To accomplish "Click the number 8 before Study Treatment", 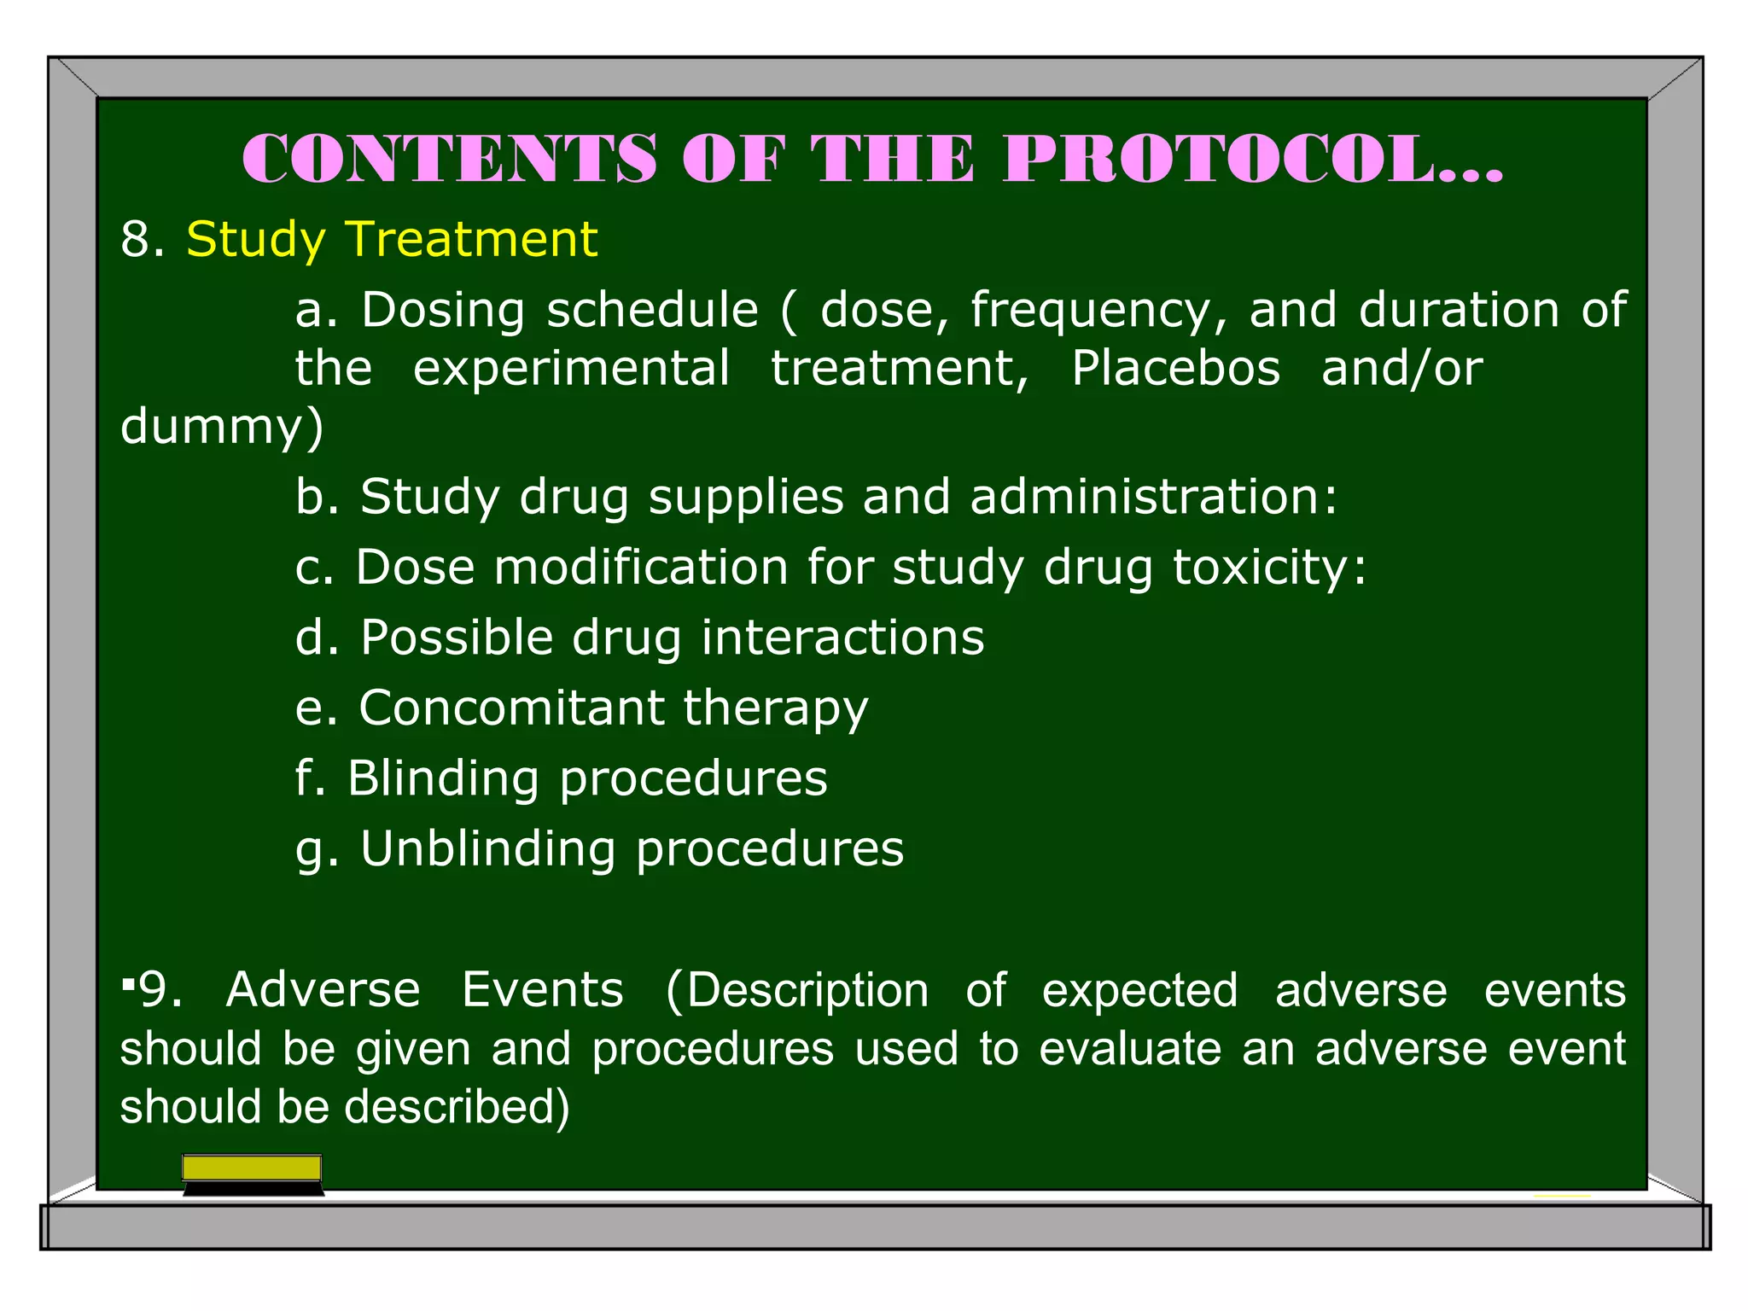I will coord(136,239).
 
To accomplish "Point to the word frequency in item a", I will coord(1098,311).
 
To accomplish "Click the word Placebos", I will coord(1175,369).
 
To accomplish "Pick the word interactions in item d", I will coord(842,638).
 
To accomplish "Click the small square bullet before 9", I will coord(127,986).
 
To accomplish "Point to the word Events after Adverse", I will coord(543,990).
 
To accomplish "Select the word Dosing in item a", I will coord(442,311).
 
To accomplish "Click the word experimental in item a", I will coord(571,369).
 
